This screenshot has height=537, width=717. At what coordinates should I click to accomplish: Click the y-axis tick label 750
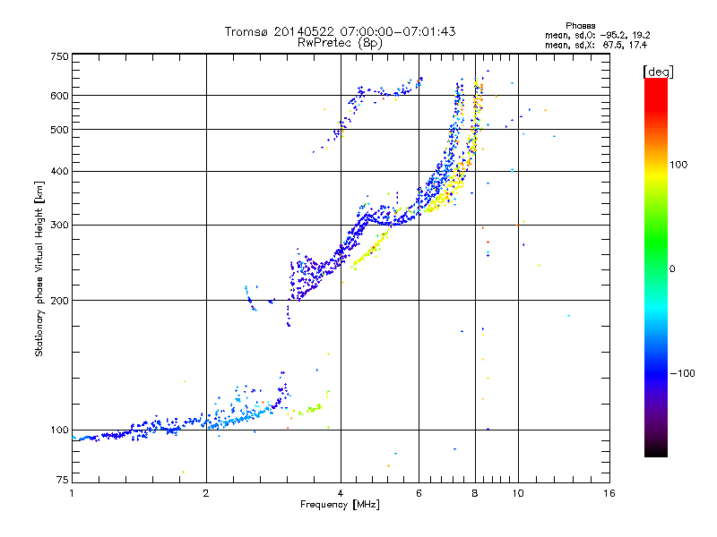point(58,56)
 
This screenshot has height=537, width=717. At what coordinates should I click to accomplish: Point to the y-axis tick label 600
point(58,96)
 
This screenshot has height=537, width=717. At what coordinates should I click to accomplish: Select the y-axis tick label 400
point(58,171)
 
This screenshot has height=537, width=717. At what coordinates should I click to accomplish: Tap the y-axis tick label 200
point(58,301)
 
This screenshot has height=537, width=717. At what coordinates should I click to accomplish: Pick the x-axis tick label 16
point(609,493)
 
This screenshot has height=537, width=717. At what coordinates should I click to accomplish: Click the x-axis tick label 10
point(517,493)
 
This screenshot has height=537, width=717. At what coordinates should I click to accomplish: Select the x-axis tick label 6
point(419,493)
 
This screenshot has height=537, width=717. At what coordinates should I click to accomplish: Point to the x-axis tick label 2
point(206,493)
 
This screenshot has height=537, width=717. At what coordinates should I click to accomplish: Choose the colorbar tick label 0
point(674,268)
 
